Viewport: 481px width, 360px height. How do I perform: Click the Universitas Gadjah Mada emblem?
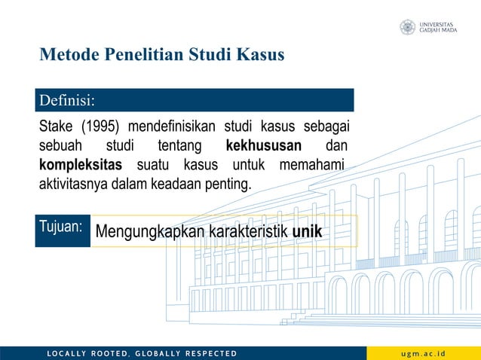pos(407,27)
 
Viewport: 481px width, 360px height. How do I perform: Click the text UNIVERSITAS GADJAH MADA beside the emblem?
pos(438,27)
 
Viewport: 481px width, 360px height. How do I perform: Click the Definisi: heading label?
pos(66,99)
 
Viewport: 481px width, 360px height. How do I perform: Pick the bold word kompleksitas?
pos(80,164)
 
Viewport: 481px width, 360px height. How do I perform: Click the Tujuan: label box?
pos(63,226)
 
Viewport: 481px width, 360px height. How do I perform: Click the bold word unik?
pos(308,231)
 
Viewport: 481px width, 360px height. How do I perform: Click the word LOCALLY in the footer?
pos(66,353)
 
